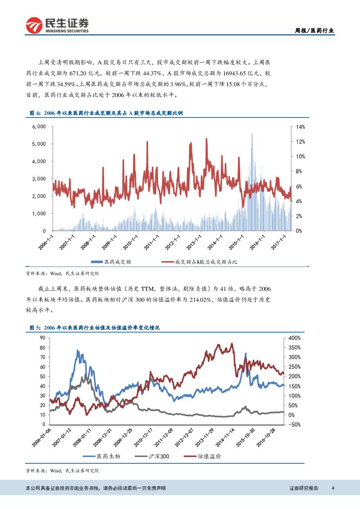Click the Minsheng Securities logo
(x=57, y=25)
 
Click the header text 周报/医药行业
(x=314, y=30)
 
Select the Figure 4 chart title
(x=106, y=113)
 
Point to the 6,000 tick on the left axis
(x=39, y=127)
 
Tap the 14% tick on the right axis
(x=300, y=127)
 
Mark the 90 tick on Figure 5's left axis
(x=42, y=338)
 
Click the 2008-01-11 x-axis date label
(x=83, y=437)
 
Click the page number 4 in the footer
(x=333, y=488)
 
